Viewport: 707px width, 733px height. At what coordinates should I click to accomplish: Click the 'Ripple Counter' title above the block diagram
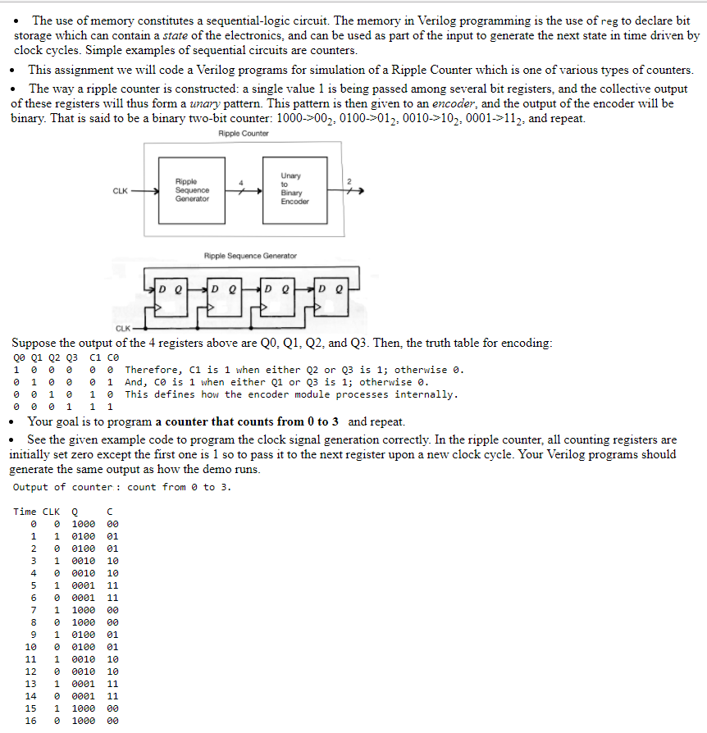click(x=244, y=134)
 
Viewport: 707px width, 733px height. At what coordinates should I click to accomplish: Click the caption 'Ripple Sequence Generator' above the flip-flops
click(x=250, y=256)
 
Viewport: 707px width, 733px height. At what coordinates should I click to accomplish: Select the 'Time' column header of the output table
click(x=25, y=512)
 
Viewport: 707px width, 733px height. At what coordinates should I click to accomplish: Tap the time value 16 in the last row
click(x=31, y=721)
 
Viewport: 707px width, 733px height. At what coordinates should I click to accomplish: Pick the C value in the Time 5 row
click(x=112, y=585)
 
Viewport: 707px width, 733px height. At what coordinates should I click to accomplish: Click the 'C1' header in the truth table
click(x=94, y=357)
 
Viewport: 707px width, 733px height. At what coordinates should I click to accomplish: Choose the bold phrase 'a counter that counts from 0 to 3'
click(x=249, y=421)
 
